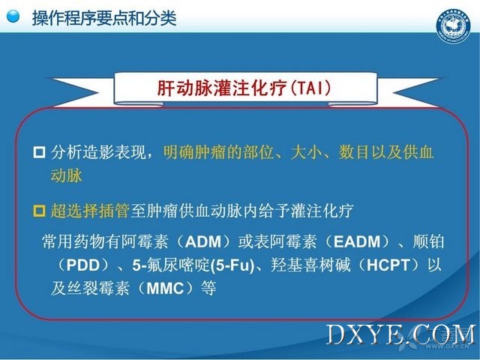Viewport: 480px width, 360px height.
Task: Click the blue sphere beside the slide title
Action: pyautogui.click(x=13, y=16)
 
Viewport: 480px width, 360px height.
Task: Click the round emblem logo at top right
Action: pyautogui.click(x=453, y=26)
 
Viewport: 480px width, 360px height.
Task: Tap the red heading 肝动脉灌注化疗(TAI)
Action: pyautogui.click(x=244, y=88)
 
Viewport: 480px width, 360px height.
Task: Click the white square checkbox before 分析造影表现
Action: pyautogui.click(x=39, y=152)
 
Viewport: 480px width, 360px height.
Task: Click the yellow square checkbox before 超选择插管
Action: pyautogui.click(x=39, y=211)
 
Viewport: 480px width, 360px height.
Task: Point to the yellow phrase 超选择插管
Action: pyautogui.click(x=90, y=211)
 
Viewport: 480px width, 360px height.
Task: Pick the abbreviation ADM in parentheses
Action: pyautogui.click(x=203, y=241)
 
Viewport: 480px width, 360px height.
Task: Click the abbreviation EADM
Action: pyautogui.click(x=357, y=241)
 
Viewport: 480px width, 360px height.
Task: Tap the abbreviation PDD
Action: pyautogui.click(x=83, y=265)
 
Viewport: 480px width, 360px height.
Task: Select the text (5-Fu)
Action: pyautogui.click(x=232, y=265)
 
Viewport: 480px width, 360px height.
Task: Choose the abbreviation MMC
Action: pyautogui.click(x=165, y=288)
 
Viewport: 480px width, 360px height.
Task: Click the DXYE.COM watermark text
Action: pyautogui.click(x=401, y=335)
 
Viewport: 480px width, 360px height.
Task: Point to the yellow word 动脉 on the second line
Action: pyautogui.click(x=67, y=175)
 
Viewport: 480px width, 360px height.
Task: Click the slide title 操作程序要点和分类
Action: pyautogui.click(x=104, y=18)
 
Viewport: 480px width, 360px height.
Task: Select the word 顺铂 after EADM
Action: pyautogui.click(x=428, y=241)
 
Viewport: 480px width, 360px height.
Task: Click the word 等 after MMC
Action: pyautogui.click(x=208, y=288)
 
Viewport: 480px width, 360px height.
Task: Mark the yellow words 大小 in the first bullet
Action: pyautogui.click(x=306, y=152)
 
